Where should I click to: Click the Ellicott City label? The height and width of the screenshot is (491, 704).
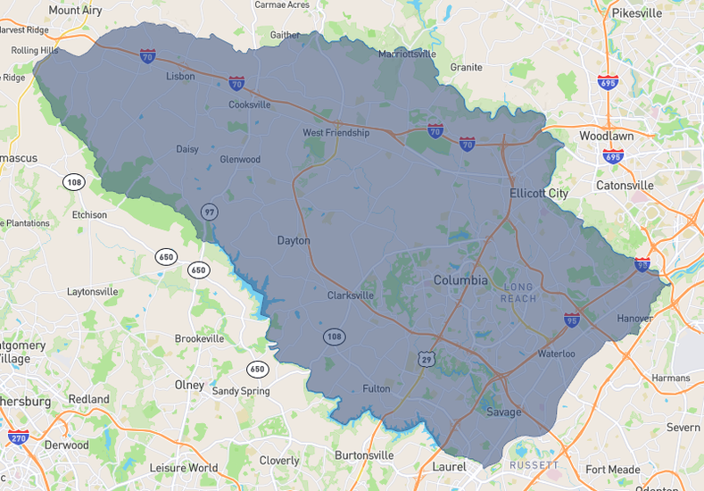pos(539,194)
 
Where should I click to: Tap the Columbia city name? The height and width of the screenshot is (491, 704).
pos(460,280)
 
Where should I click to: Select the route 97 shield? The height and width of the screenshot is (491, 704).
pos(210,212)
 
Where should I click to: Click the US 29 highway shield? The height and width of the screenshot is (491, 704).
pos(428,357)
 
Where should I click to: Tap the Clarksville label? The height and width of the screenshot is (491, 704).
pos(351,295)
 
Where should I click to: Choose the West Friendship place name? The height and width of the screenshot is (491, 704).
pos(335,133)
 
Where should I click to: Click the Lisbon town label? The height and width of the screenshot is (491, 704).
pos(180,77)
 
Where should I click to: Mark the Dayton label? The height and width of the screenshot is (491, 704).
pos(294,241)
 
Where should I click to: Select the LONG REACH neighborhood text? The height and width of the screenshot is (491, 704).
pos(519,293)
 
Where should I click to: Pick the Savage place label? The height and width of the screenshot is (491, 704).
pos(504,412)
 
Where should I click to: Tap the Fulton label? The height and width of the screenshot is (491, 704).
pos(377,388)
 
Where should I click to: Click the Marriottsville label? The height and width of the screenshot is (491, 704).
pos(407,54)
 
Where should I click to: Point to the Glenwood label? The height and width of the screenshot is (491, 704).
pos(240,160)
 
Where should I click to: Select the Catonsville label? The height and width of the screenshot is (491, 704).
pos(625,186)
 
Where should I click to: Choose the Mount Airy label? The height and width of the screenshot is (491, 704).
pos(76,10)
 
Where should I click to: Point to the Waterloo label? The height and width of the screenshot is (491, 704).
pos(556,354)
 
